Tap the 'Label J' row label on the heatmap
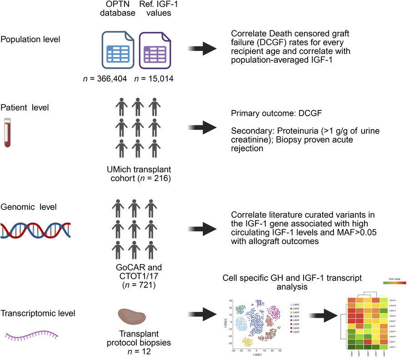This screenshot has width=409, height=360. click(x=394, y=347)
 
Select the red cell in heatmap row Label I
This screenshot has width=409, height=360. click(x=367, y=341)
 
